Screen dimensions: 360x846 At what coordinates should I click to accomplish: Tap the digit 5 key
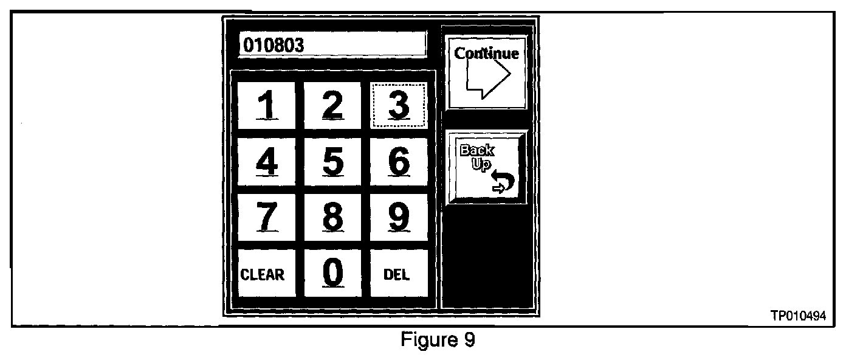tap(332, 161)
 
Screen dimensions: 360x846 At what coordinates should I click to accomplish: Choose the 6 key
tap(398, 161)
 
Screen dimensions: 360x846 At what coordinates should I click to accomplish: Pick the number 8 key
tap(332, 217)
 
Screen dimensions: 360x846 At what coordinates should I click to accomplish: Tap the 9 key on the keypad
tap(398, 217)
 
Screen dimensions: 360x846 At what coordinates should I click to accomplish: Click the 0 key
tap(332, 273)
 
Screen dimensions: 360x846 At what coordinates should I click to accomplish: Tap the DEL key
tap(397, 274)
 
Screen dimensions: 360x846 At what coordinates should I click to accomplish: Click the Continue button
tap(486, 72)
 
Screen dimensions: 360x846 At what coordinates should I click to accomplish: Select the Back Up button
tap(486, 167)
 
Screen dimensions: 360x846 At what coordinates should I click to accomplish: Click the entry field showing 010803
tap(332, 45)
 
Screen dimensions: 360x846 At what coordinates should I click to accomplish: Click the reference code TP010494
tap(799, 315)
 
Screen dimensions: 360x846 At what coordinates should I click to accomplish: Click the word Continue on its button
tap(487, 54)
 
